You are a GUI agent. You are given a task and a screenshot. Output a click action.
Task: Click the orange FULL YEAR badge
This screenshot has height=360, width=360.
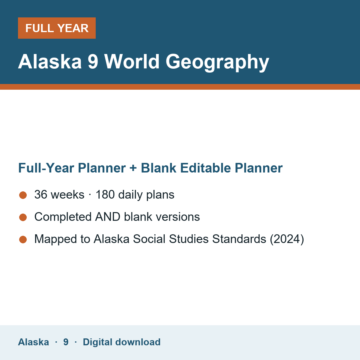point(57,28)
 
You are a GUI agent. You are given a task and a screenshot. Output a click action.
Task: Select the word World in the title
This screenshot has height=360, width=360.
point(132,61)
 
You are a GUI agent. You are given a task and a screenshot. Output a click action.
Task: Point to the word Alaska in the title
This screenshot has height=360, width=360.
point(50,61)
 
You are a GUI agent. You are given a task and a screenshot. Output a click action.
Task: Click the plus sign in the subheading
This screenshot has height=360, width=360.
point(133,168)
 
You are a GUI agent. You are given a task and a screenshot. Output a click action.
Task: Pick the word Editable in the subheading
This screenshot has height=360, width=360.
point(205,168)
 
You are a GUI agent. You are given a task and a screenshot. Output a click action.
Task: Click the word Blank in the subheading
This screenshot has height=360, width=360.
point(158,168)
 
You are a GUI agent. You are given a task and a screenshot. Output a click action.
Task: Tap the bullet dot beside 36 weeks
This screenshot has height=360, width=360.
point(23,195)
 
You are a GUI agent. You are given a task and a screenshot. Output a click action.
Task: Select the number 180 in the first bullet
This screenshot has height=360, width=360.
point(105,194)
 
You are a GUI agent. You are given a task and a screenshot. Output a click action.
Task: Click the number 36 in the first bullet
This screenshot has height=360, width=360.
point(41,194)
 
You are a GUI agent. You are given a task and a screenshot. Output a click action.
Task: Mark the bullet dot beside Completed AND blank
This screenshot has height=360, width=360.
point(23,217)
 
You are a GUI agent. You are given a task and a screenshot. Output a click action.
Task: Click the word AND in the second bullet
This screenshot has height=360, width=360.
point(108,217)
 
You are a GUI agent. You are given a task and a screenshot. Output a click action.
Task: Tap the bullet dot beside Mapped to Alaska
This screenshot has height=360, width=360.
point(23,240)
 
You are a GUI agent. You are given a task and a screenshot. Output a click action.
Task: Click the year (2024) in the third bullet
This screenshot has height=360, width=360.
point(287,239)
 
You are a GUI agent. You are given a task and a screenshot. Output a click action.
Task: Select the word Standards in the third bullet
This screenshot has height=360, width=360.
point(239,239)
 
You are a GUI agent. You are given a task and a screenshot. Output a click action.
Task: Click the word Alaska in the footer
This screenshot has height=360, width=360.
point(33,342)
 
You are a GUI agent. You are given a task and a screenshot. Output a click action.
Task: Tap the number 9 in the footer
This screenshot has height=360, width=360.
point(66,342)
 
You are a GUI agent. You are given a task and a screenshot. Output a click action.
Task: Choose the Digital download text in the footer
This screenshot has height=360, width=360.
point(121,342)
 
